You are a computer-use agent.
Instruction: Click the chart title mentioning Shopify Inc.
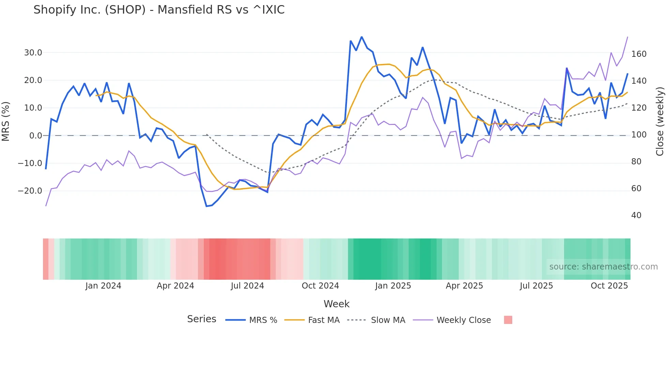pyautogui.click(x=159, y=10)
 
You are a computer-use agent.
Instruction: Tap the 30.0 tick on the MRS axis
pyautogui.click(x=33, y=53)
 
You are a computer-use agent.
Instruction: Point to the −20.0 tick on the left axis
pyautogui.click(x=30, y=191)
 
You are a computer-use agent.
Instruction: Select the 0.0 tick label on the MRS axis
pyautogui.click(x=35, y=136)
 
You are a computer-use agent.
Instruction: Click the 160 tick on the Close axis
pyautogui.click(x=639, y=54)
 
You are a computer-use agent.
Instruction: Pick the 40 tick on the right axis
pyautogui.click(x=636, y=215)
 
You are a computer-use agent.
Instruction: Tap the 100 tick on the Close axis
pyautogui.click(x=639, y=135)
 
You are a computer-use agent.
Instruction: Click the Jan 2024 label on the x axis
pyautogui.click(x=103, y=286)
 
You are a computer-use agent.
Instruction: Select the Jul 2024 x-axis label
pyautogui.click(x=247, y=286)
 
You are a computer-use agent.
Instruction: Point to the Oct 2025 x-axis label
pyautogui.click(x=609, y=286)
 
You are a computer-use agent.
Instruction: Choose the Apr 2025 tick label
pyautogui.click(x=464, y=286)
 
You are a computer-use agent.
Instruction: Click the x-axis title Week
pyautogui.click(x=336, y=304)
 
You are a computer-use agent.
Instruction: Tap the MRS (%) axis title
pyautogui.click(x=6, y=121)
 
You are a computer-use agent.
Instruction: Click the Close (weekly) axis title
pyautogui.click(x=660, y=121)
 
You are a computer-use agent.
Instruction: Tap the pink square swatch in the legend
pyautogui.click(x=508, y=320)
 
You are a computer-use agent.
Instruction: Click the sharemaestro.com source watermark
pyautogui.click(x=603, y=267)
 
